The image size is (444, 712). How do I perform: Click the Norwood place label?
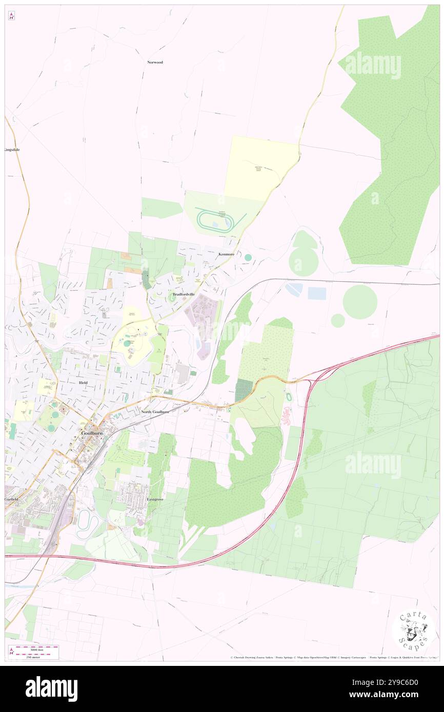155,62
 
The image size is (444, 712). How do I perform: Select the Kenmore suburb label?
226,254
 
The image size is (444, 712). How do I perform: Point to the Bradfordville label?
185,295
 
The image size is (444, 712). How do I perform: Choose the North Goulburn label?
154,411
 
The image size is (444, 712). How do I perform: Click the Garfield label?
12,498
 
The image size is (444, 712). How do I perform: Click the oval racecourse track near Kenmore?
215,221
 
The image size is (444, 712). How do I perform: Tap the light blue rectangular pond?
317,293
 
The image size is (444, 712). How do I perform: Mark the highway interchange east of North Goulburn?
311,380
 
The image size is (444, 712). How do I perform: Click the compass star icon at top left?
11,16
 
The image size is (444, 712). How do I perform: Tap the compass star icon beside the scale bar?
11,651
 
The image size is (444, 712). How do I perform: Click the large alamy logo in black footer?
51,688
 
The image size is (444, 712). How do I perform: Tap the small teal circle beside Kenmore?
248,257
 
